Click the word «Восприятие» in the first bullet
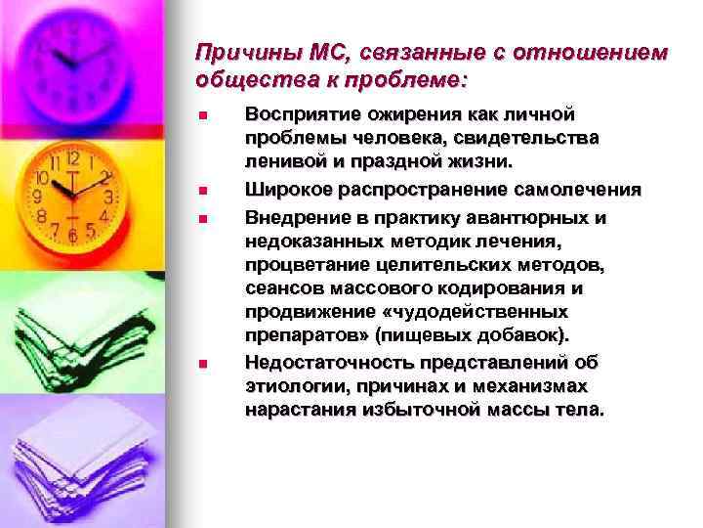[298, 116]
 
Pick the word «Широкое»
[283, 189]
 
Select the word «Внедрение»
[291, 217]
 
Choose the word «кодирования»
[511, 289]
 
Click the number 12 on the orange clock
[74, 157]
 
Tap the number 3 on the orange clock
[109, 197]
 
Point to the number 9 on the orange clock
[40, 197]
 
